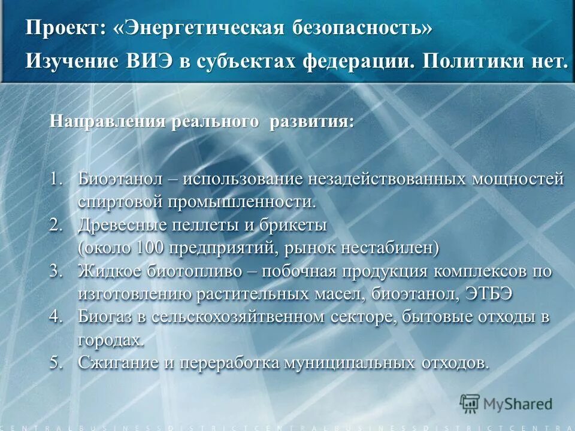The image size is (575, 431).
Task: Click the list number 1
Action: pos(55,179)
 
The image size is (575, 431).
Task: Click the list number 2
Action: pos(55,225)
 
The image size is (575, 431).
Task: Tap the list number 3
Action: pos(55,271)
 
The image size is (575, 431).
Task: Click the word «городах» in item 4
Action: pos(110,340)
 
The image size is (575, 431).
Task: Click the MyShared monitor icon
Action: pos(470,403)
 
